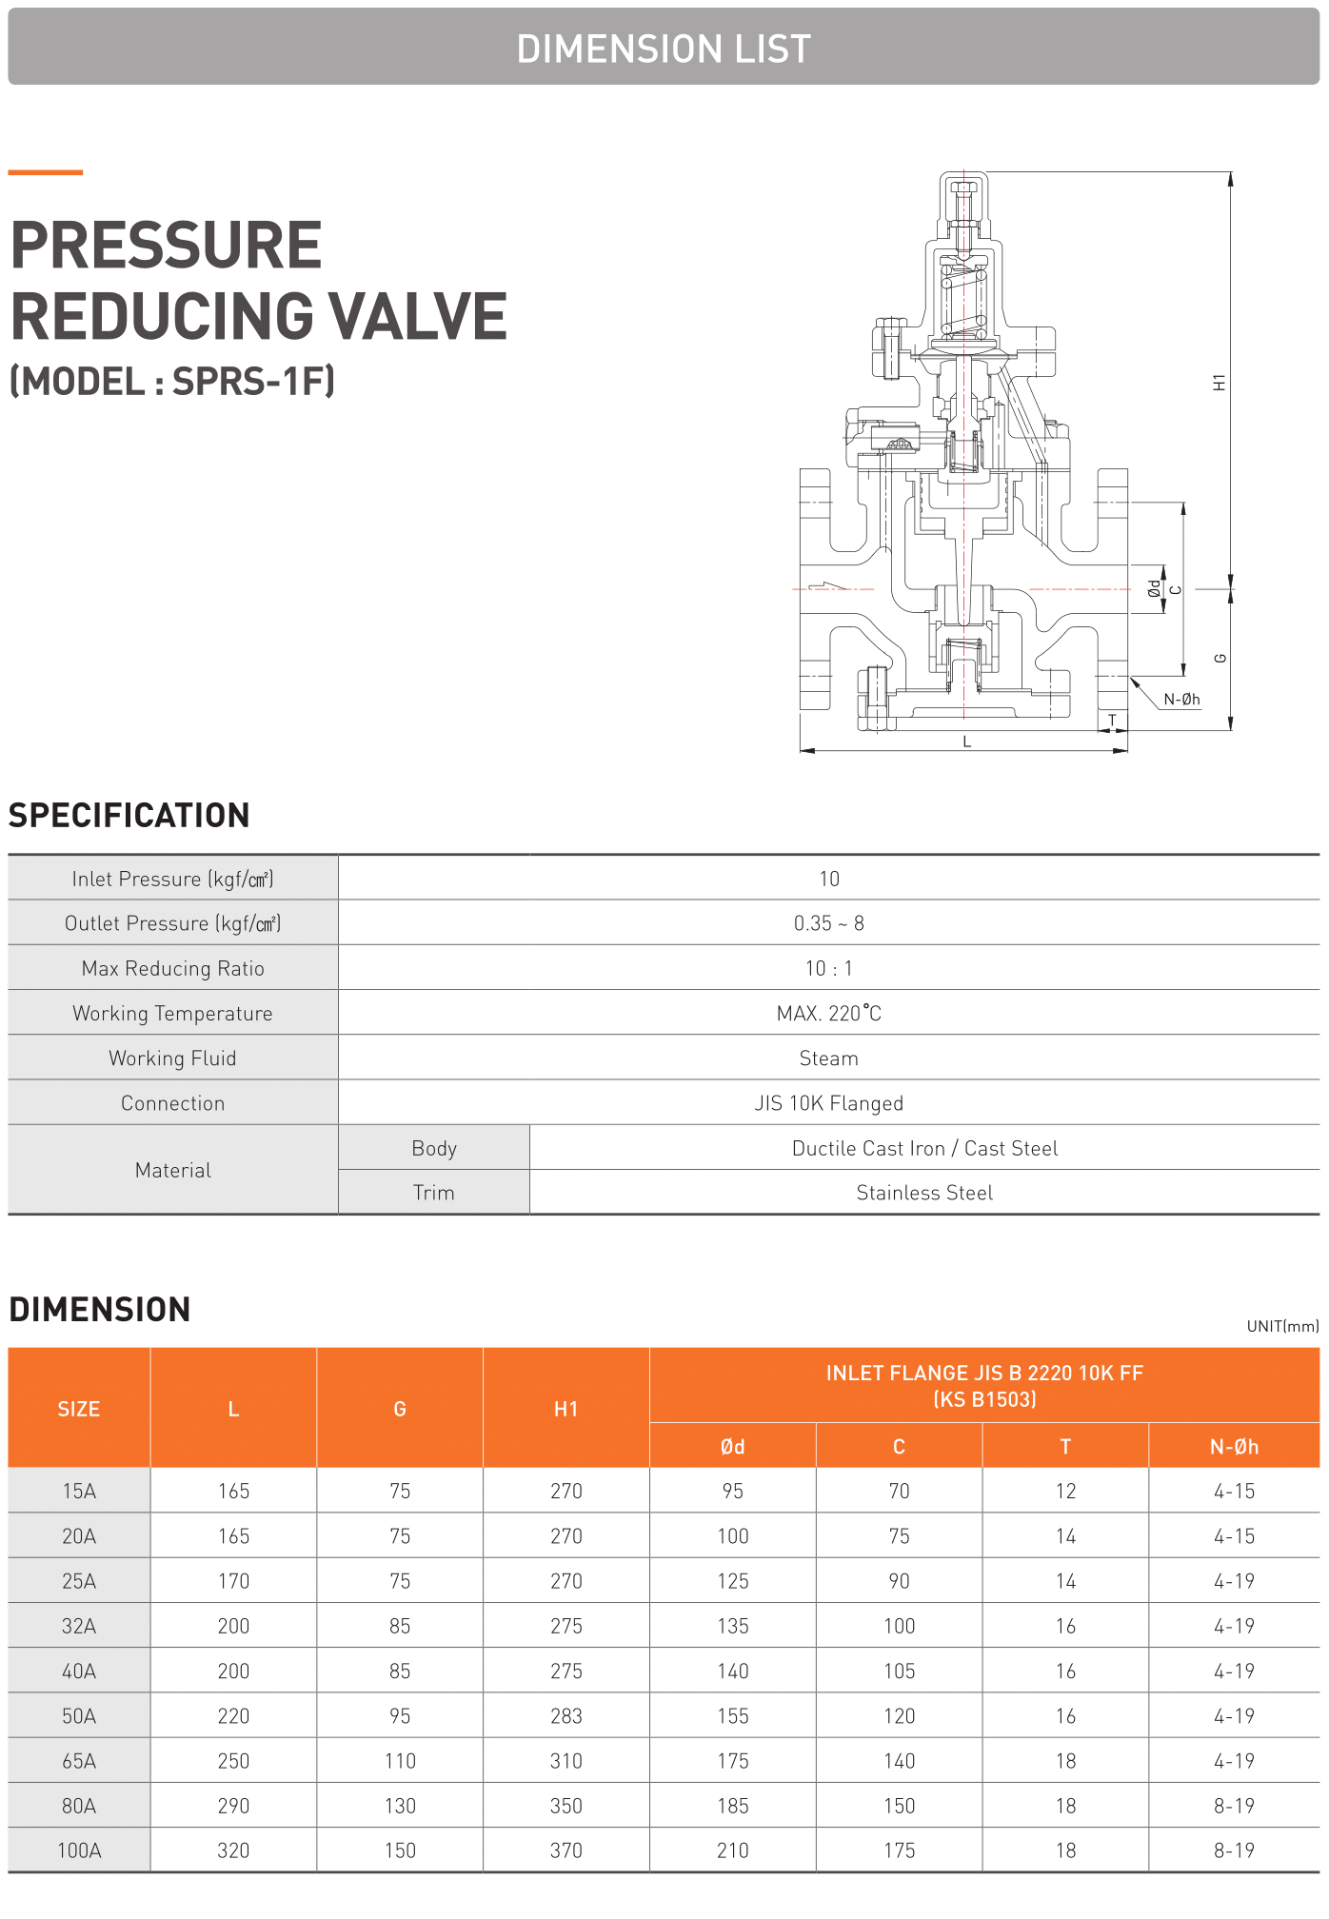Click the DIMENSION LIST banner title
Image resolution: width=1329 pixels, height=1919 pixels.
point(664,49)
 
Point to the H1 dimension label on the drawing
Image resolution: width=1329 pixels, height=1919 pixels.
point(1219,383)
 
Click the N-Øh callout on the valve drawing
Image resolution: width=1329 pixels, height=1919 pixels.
point(1181,700)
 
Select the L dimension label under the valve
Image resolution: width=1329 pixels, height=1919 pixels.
point(966,742)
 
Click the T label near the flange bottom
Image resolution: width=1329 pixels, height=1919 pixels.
point(1112,720)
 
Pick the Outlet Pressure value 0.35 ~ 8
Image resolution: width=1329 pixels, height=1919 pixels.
point(828,923)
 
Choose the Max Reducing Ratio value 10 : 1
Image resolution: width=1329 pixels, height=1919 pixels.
point(828,968)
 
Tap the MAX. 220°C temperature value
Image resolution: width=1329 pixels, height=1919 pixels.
point(828,1014)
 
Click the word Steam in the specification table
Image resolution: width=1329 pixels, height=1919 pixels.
point(828,1058)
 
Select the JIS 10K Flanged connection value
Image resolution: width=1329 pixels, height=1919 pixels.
point(828,1103)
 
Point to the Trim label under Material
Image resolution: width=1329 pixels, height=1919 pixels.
point(433,1193)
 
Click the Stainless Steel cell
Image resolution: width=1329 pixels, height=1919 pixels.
point(923,1193)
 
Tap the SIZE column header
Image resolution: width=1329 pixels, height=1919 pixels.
point(78,1409)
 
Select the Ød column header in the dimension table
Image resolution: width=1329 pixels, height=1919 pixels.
point(732,1447)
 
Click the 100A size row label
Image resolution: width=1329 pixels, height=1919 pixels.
point(79,1850)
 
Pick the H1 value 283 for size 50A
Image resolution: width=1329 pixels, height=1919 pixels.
point(565,1716)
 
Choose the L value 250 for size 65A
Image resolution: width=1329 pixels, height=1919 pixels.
point(233,1761)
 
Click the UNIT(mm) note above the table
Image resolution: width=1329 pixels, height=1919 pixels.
point(1282,1326)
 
